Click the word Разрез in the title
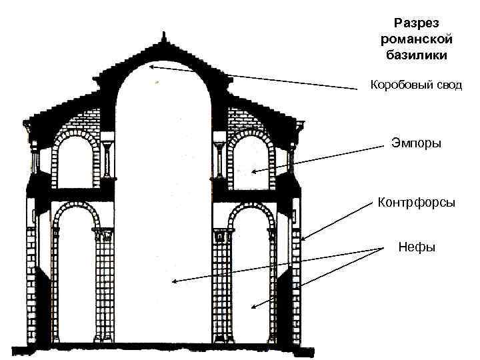coord(413,23)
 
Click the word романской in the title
coord(413,39)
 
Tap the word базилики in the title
coord(413,55)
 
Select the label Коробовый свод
coord(416,86)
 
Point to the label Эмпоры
coord(416,143)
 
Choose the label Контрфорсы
coord(417,201)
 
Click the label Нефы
coord(417,247)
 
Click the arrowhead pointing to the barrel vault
coord(153,66)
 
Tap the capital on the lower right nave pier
coord(222,235)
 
